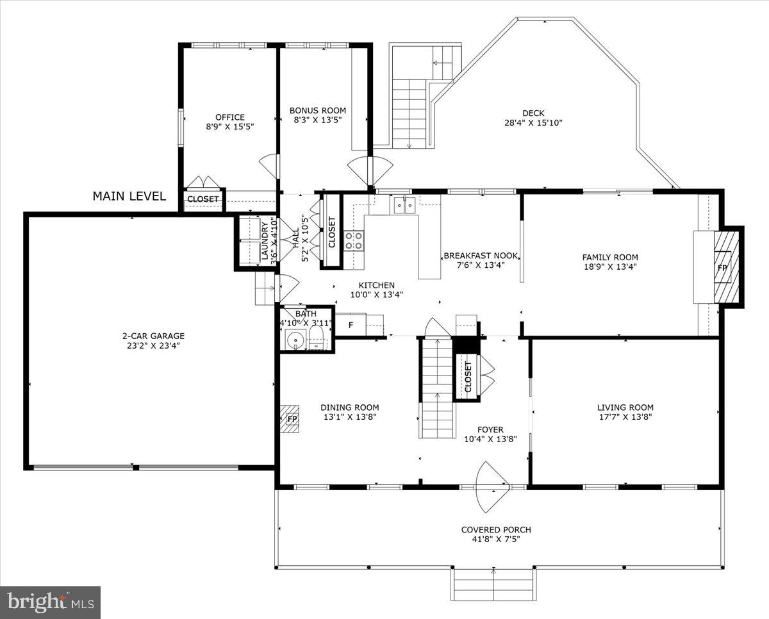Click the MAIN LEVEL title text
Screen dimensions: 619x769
[129, 196]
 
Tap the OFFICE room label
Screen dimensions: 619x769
[229, 117]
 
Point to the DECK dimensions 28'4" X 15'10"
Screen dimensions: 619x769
[533, 123]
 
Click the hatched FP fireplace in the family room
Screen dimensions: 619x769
[725, 267]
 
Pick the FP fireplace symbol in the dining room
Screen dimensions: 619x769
[292, 419]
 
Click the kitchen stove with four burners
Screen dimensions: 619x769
[354, 241]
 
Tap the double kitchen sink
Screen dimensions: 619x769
[404, 205]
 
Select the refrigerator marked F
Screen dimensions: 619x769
[351, 325]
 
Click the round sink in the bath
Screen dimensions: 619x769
[295, 340]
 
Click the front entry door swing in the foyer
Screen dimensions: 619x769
[492, 477]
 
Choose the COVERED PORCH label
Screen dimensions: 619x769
[496, 530]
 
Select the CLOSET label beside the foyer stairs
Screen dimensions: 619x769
[468, 377]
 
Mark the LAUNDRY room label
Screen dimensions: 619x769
[264, 241]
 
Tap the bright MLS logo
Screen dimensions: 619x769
[50, 602]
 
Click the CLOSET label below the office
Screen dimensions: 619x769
[203, 199]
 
